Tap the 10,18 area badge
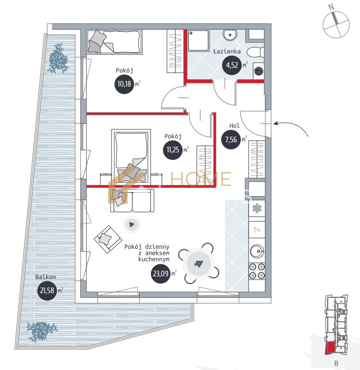[123, 85]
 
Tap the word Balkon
[46, 277]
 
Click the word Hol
[235, 126]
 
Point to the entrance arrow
[293, 126]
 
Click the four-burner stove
[256, 271]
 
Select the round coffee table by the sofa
[131, 223]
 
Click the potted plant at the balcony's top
[59, 59]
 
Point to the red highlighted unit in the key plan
[330, 348]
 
